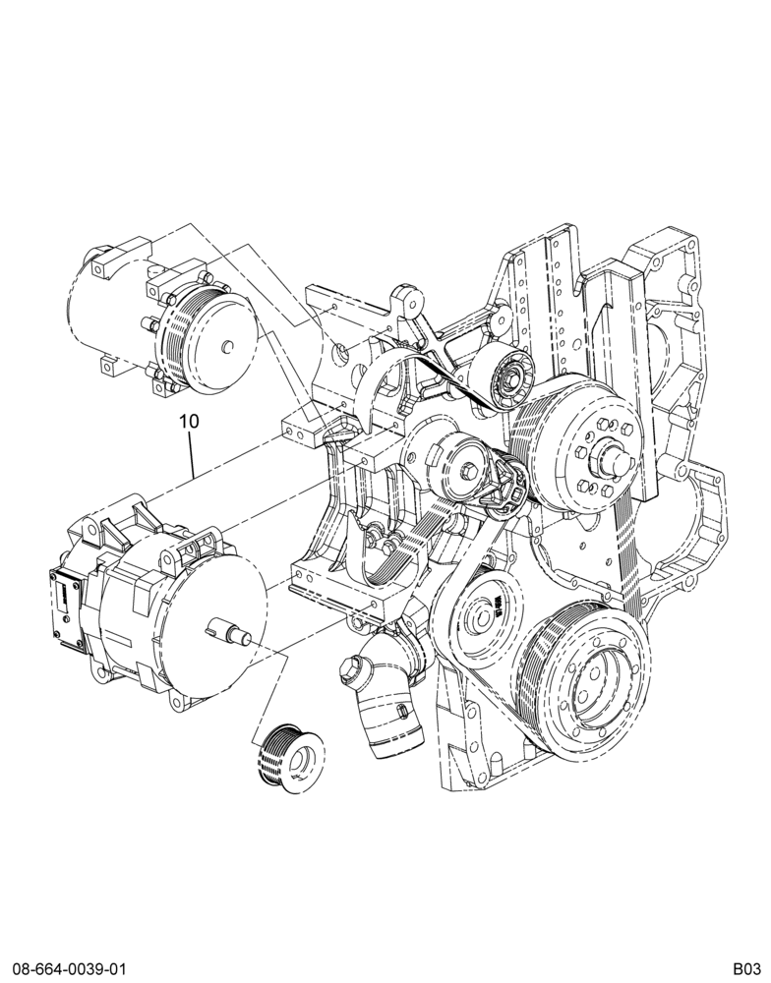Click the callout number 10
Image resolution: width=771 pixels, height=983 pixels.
pos(189,421)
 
